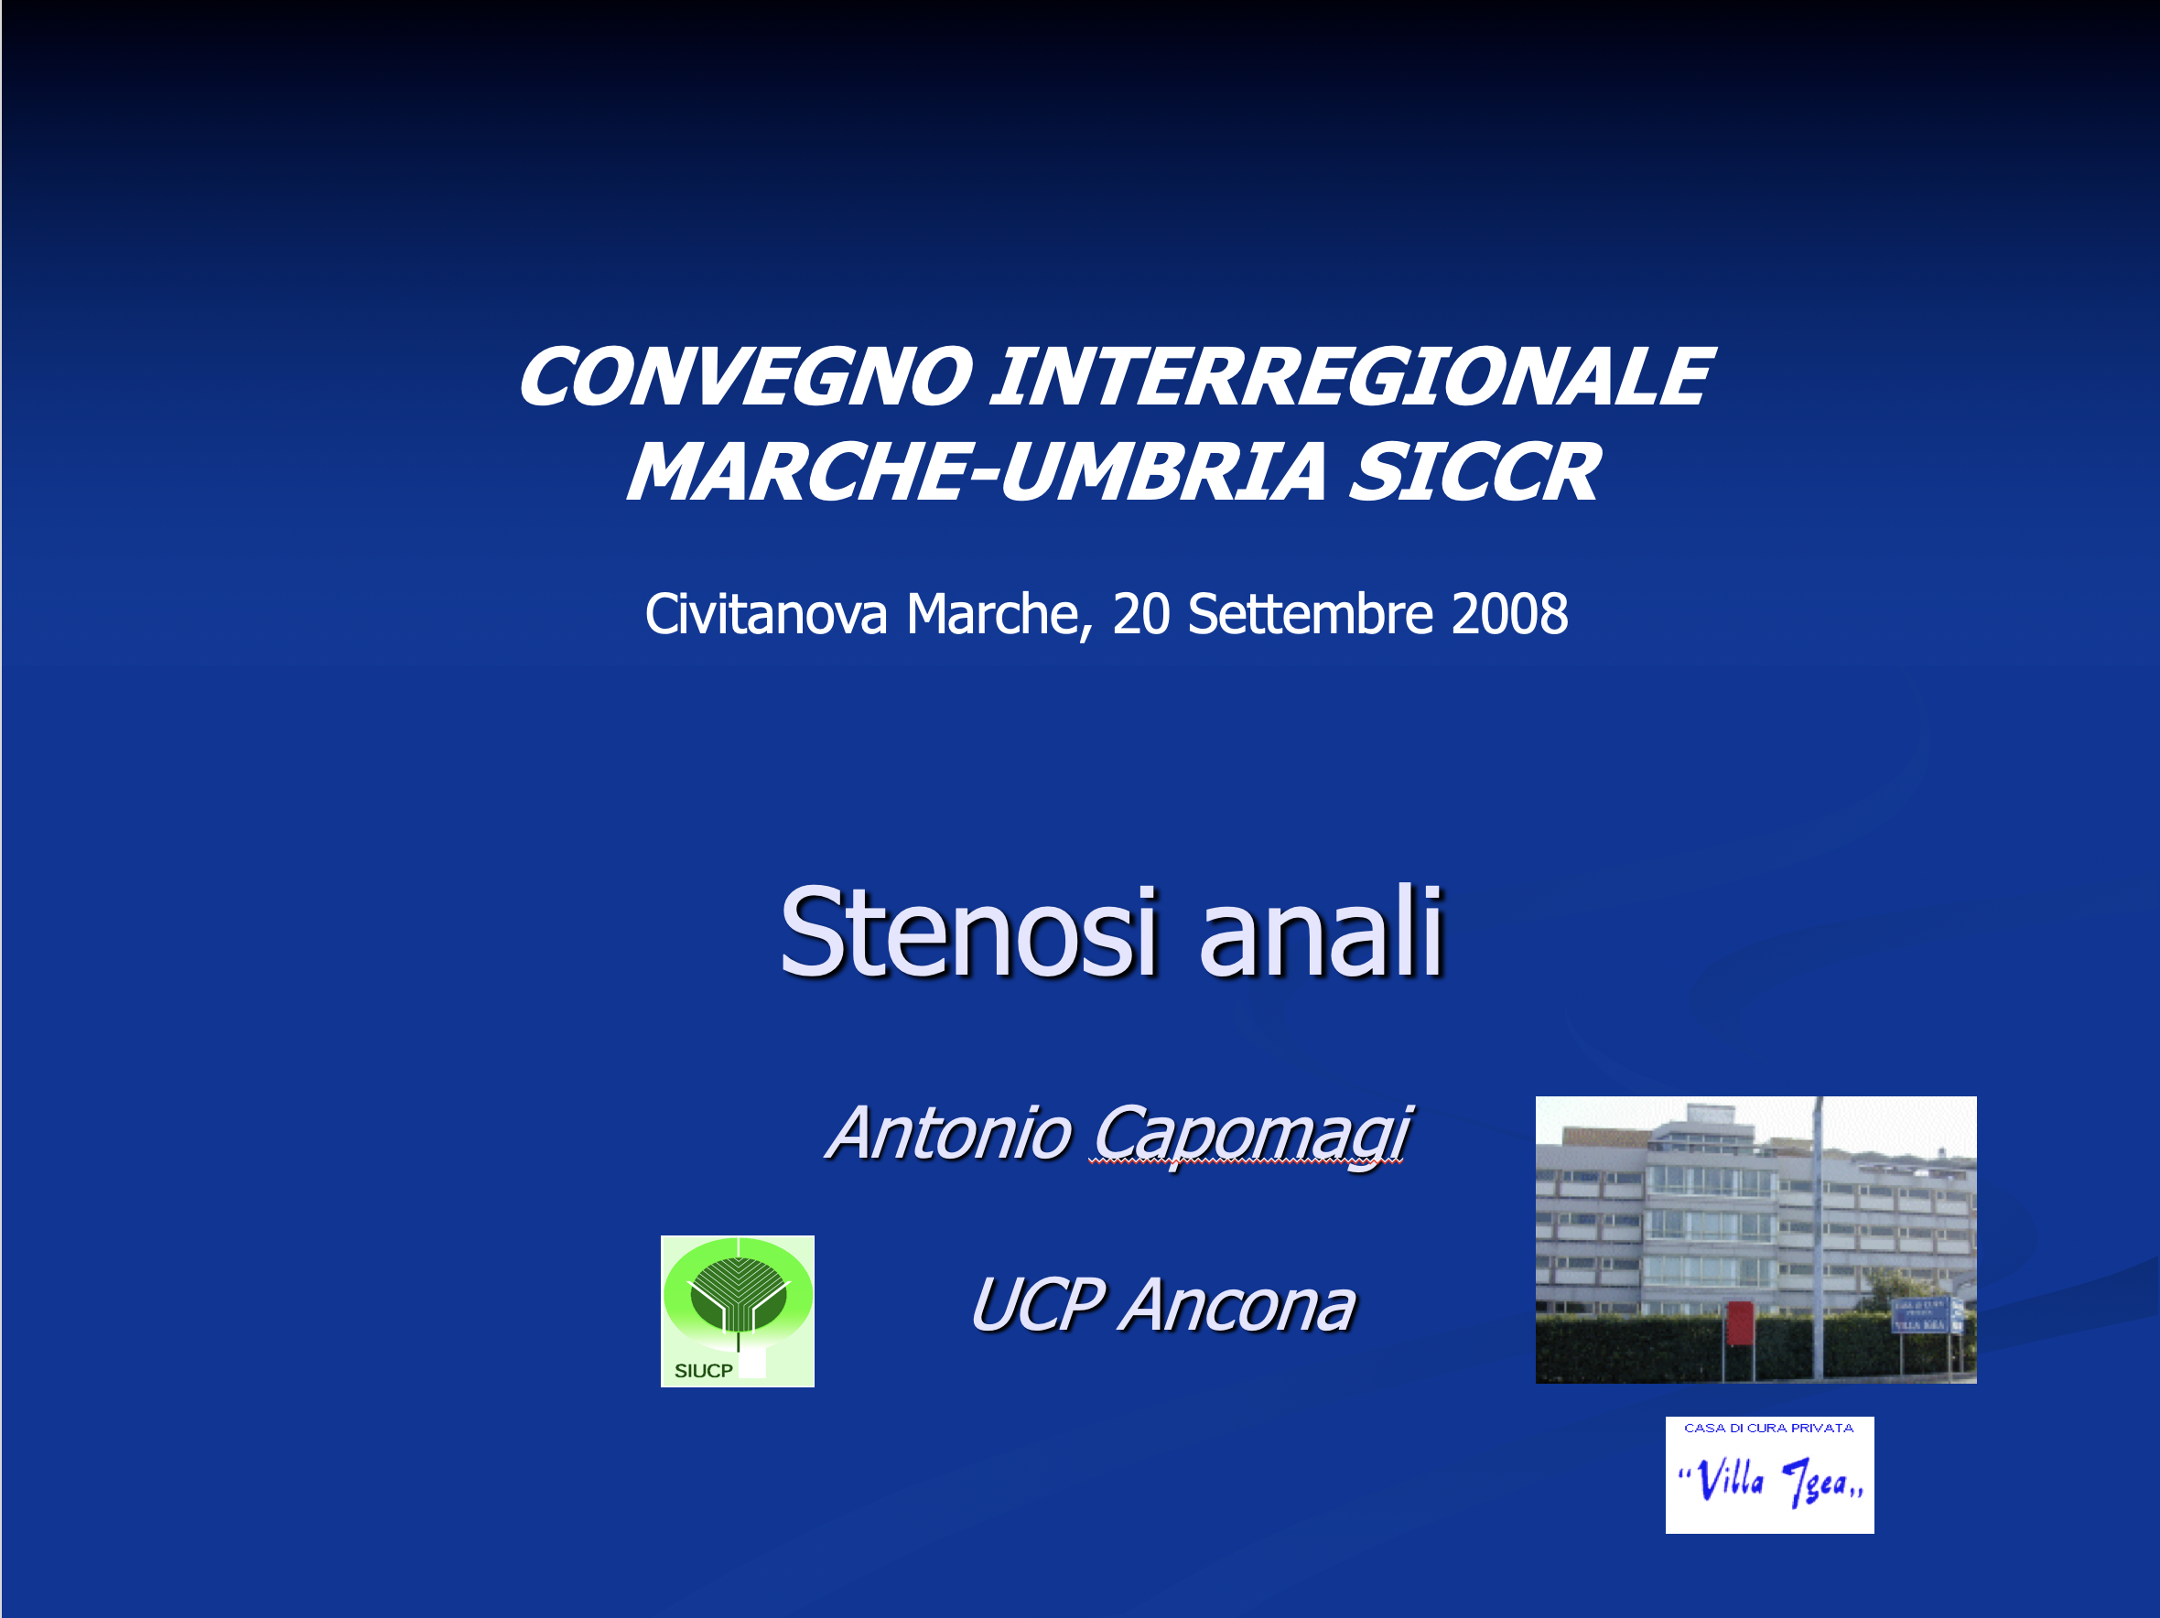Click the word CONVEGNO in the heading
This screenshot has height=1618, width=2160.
pos(745,378)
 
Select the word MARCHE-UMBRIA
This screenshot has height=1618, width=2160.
pos(976,471)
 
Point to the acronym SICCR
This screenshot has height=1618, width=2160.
pos(1474,471)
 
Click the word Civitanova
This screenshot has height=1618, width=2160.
pos(765,614)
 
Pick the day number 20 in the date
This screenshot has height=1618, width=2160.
pos(1140,614)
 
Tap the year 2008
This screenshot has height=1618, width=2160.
pos(1509,614)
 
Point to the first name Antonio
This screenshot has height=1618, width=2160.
pos(949,1134)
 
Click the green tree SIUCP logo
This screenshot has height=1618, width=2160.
pos(738,1311)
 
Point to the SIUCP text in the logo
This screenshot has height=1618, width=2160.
pos(703,1371)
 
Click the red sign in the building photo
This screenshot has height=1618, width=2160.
pos(1739,1323)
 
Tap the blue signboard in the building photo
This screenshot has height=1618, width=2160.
pos(1920,1314)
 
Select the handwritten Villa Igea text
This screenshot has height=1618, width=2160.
pos(1770,1482)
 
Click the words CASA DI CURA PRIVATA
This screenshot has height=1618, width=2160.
pos(1768,1428)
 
